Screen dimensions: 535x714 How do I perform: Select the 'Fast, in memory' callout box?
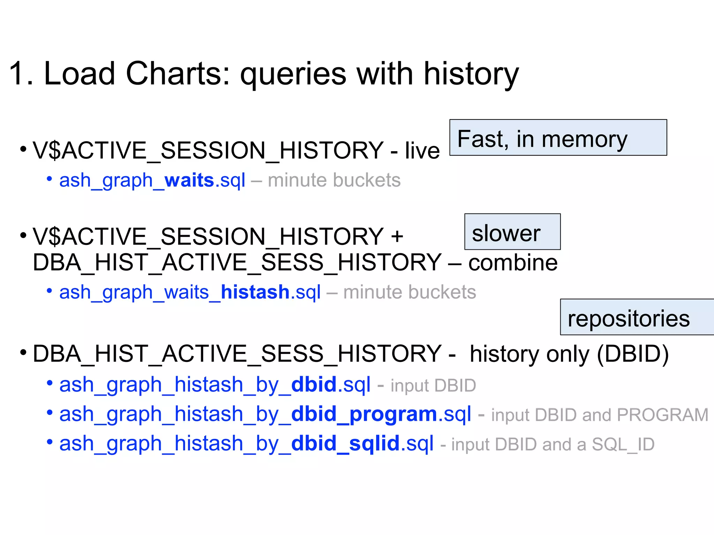click(x=558, y=138)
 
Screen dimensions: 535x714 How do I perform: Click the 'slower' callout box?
click(x=512, y=232)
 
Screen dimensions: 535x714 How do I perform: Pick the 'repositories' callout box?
click(x=636, y=317)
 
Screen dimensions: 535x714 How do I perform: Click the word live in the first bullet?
click(x=422, y=151)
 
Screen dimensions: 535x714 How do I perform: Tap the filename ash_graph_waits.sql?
click(x=152, y=180)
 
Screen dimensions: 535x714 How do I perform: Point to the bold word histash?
click(x=255, y=292)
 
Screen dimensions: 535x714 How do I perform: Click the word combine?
click(x=512, y=262)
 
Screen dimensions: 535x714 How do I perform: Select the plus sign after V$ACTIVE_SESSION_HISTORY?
click(x=397, y=237)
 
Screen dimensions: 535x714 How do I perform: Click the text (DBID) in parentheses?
click(x=633, y=354)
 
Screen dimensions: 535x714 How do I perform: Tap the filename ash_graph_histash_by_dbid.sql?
click(x=214, y=385)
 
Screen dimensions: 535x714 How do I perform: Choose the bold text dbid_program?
click(x=364, y=414)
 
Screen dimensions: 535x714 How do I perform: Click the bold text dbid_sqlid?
click(x=345, y=444)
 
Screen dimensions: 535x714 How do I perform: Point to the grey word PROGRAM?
click(x=662, y=415)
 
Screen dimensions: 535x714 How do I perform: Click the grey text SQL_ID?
click(x=623, y=444)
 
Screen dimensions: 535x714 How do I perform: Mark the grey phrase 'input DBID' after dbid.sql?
click(x=433, y=386)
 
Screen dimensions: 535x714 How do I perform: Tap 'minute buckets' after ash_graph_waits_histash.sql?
click(x=409, y=292)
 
